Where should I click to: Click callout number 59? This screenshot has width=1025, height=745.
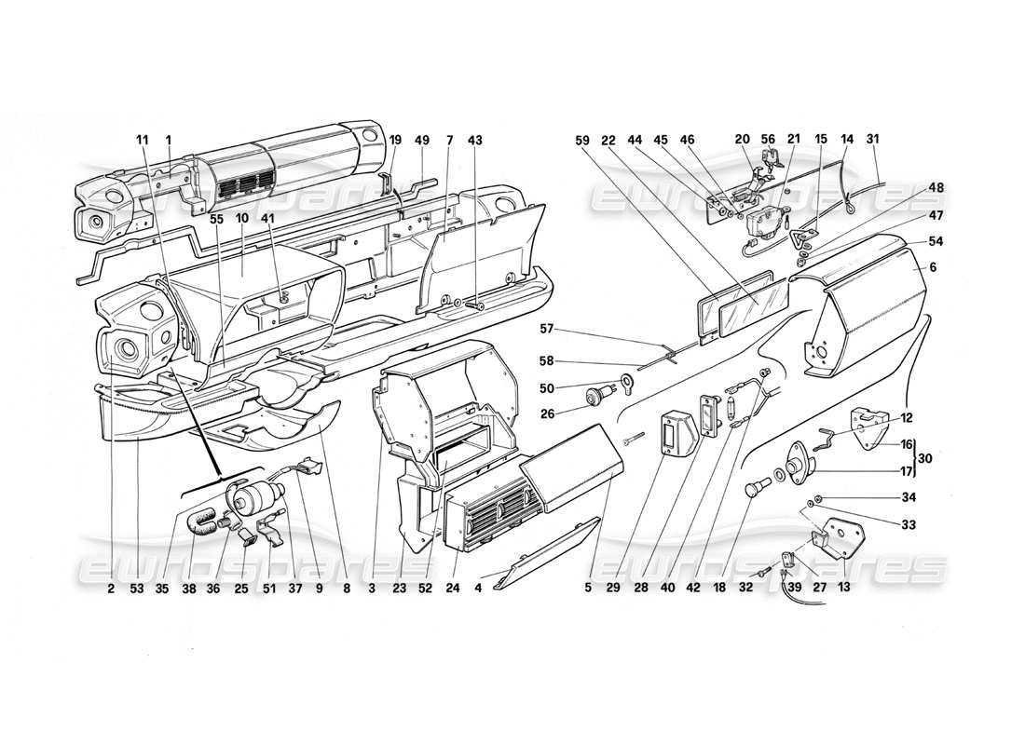(583, 140)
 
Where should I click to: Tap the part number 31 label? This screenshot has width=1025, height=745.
(872, 140)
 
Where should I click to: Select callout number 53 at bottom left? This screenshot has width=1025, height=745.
(138, 588)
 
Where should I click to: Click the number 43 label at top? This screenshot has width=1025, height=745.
(476, 140)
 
